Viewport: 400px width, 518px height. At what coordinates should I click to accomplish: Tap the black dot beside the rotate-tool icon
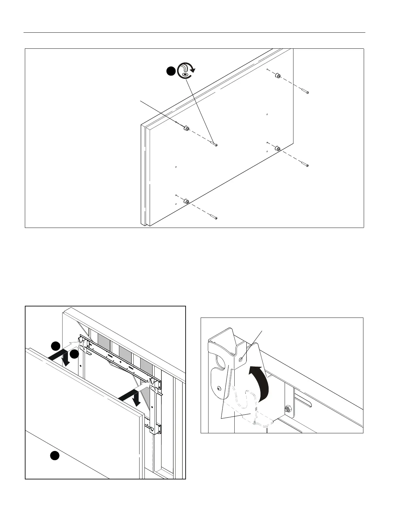171,72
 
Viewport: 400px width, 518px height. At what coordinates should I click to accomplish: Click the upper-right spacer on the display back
278,76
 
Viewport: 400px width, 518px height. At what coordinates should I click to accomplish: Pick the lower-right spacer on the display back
278,149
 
